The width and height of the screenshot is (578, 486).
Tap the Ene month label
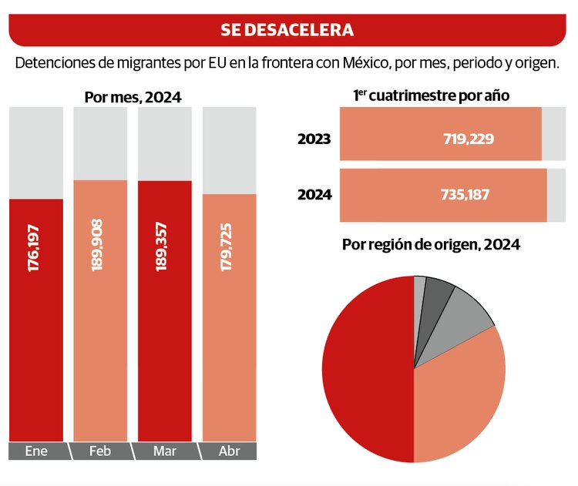[x=37, y=451]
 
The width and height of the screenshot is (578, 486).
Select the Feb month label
[x=100, y=451]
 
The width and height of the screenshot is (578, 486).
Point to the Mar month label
[x=163, y=451]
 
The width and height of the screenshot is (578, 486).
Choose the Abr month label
[x=228, y=451]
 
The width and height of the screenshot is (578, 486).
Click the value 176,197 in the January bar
[x=36, y=250]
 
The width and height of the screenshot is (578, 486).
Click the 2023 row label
[x=314, y=139]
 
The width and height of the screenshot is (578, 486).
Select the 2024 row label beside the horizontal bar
[x=314, y=195]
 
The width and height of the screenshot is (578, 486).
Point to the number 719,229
[x=469, y=139]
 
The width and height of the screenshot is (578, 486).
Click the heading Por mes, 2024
[x=133, y=97]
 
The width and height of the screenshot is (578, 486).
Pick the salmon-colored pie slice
[x=462, y=393]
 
